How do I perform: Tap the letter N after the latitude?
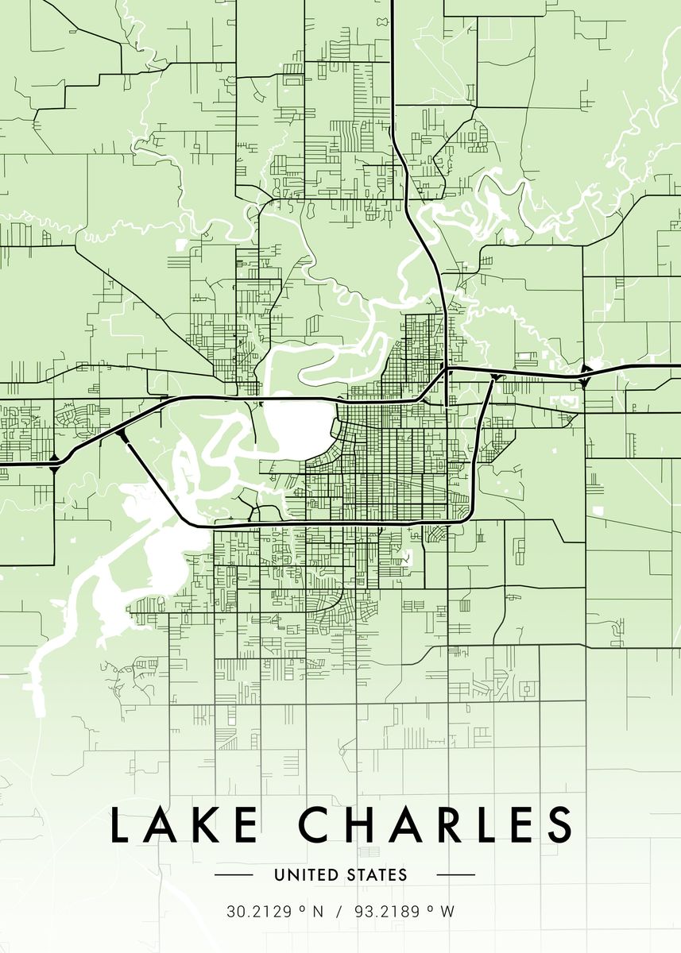[318, 912]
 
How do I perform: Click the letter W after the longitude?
[447, 912]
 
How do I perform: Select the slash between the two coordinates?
[338, 912]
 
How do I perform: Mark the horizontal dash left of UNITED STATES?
[234, 875]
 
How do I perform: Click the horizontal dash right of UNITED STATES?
[456, 875]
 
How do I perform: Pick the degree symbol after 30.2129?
[302, 908]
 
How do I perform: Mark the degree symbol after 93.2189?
[433, 908]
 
